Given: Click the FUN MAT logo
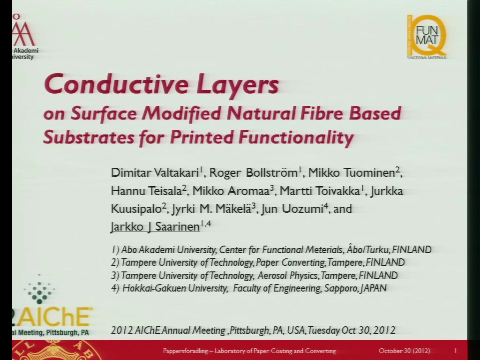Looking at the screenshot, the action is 427,37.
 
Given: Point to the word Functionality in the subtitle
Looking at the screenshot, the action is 296,137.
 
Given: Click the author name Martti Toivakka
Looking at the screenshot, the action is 320,191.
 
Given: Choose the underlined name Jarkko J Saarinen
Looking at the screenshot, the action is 155,227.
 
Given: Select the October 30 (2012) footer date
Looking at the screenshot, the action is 404,351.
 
